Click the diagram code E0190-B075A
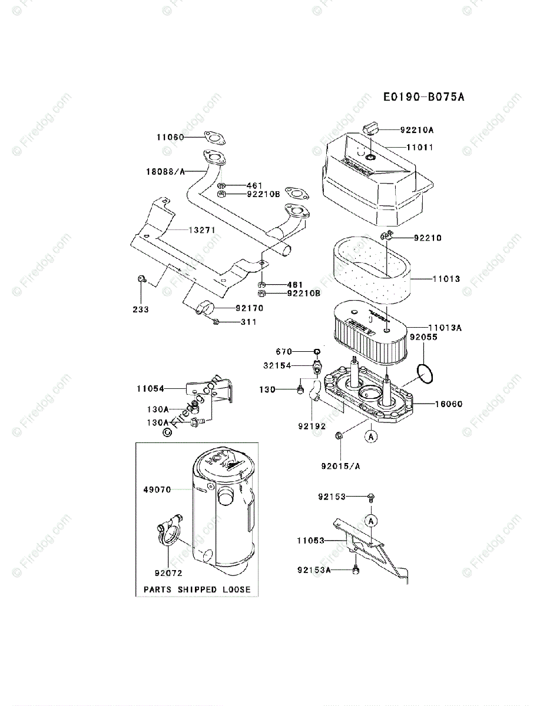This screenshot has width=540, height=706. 423,96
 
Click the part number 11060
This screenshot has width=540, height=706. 170,137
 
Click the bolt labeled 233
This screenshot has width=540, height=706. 141,279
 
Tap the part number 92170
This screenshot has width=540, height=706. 249,308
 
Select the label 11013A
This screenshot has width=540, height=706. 445,327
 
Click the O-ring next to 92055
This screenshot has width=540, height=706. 426,372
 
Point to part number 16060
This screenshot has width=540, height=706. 449,404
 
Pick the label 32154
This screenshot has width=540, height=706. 277,365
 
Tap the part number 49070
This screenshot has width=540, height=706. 157,489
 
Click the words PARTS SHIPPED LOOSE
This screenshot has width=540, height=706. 197,589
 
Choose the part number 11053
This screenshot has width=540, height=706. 311,540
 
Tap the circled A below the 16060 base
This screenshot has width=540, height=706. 370,437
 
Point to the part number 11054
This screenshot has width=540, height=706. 151,388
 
